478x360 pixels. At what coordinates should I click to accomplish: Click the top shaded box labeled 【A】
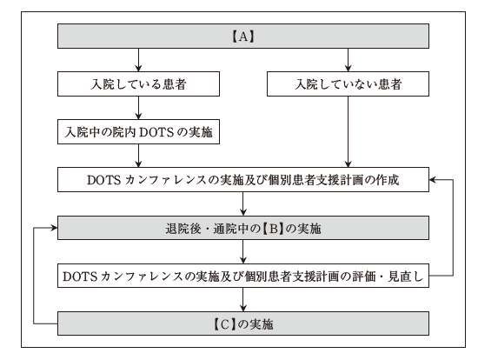point(243,36)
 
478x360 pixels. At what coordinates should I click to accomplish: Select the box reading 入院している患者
point(138,83)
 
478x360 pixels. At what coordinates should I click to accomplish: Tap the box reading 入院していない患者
point(348,83)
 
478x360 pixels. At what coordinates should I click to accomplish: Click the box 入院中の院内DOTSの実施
point(138,132)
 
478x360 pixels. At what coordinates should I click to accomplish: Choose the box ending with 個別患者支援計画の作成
point(243,180)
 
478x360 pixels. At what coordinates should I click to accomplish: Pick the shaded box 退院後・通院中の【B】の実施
point(243,228)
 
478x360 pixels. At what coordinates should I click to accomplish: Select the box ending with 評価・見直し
point(243,276)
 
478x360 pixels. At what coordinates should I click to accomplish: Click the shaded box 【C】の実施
point(243,323)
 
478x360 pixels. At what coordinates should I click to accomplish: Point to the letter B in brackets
point(273,228)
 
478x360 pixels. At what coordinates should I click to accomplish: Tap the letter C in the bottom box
point(224,324)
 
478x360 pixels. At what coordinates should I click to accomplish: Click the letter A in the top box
point(243,37)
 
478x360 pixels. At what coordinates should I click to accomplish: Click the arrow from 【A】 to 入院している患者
point(138,60)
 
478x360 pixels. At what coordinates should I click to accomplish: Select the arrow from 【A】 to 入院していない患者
point(348,60)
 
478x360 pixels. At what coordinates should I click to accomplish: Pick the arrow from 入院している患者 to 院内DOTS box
point(138,108)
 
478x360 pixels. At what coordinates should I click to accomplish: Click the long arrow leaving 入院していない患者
point(348,132)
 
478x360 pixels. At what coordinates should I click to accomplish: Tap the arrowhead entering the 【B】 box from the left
point(55,228)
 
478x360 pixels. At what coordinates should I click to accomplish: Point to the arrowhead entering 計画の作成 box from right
point(432,180)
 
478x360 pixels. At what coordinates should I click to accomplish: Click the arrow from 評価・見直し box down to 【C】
point(243,299)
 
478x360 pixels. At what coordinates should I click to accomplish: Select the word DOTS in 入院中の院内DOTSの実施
point(156,132)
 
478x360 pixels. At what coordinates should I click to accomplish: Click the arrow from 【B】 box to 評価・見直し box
point(243,251)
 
